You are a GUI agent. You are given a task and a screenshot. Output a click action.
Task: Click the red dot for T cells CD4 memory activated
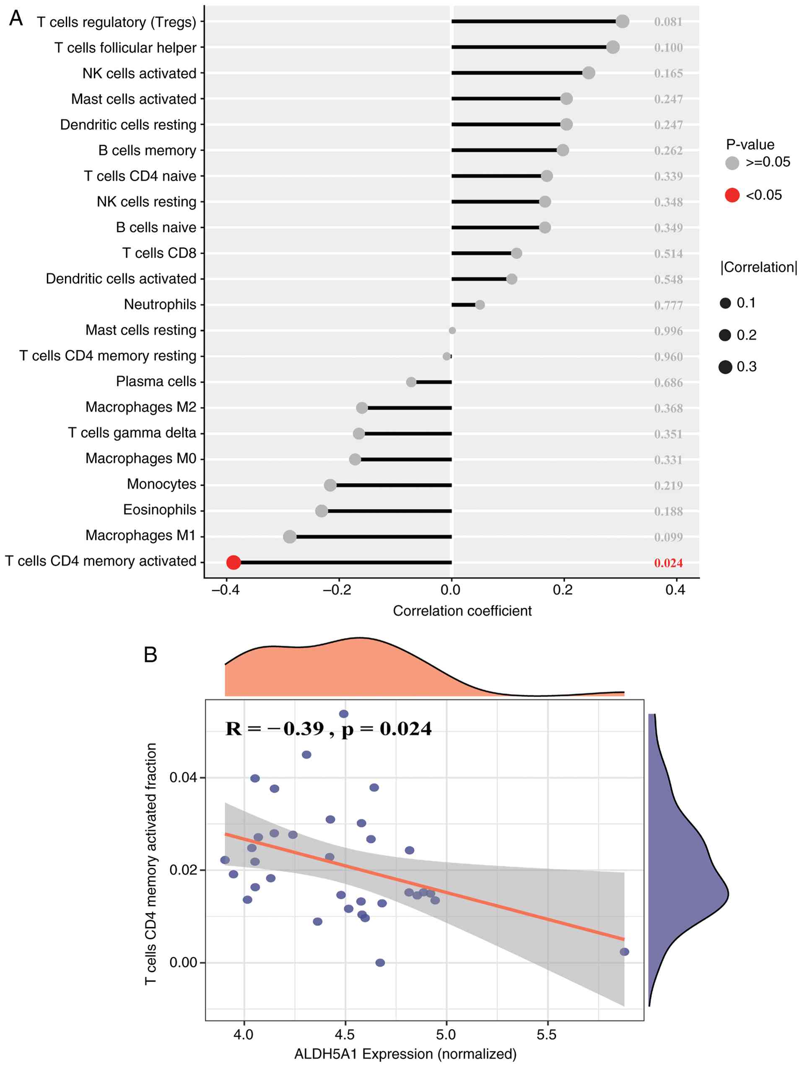[x=234, y=562]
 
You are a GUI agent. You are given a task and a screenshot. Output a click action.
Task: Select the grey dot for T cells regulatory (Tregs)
[x=622, y=21]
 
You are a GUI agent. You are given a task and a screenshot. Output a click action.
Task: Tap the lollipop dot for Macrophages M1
[x=289, y=536]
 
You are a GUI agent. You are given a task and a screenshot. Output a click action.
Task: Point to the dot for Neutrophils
[x=480, y=304]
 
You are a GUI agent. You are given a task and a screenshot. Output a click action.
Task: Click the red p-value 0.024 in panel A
[x=668, y=563]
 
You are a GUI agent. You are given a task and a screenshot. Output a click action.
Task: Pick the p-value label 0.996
[x=668, y=331]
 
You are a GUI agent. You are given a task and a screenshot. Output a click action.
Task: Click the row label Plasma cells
[x=156, y=382]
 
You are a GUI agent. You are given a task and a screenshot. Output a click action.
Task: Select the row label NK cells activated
[x=139, y=73]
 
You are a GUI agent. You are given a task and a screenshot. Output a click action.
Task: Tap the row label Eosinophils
[x=160, y=510]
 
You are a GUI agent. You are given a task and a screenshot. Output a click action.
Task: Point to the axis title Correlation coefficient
[x=462, y=611]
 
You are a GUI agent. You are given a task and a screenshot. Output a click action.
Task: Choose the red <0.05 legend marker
[x=732, y=195]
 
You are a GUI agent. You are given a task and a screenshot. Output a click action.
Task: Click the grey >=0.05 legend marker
[x=732, y=163]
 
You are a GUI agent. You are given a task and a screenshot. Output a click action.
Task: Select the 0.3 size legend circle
[x=725, y=367]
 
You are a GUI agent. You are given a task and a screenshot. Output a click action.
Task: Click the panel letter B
[x=151, y=655]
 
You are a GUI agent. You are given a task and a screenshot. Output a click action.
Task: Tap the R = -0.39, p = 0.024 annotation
[x=328, y=729]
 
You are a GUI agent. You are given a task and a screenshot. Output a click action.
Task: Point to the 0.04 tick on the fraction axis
[x=183, y=778]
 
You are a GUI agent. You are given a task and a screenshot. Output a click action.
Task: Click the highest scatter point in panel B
[x=343, y=714]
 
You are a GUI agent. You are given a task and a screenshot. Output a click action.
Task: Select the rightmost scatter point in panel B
[x=624, y=952]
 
